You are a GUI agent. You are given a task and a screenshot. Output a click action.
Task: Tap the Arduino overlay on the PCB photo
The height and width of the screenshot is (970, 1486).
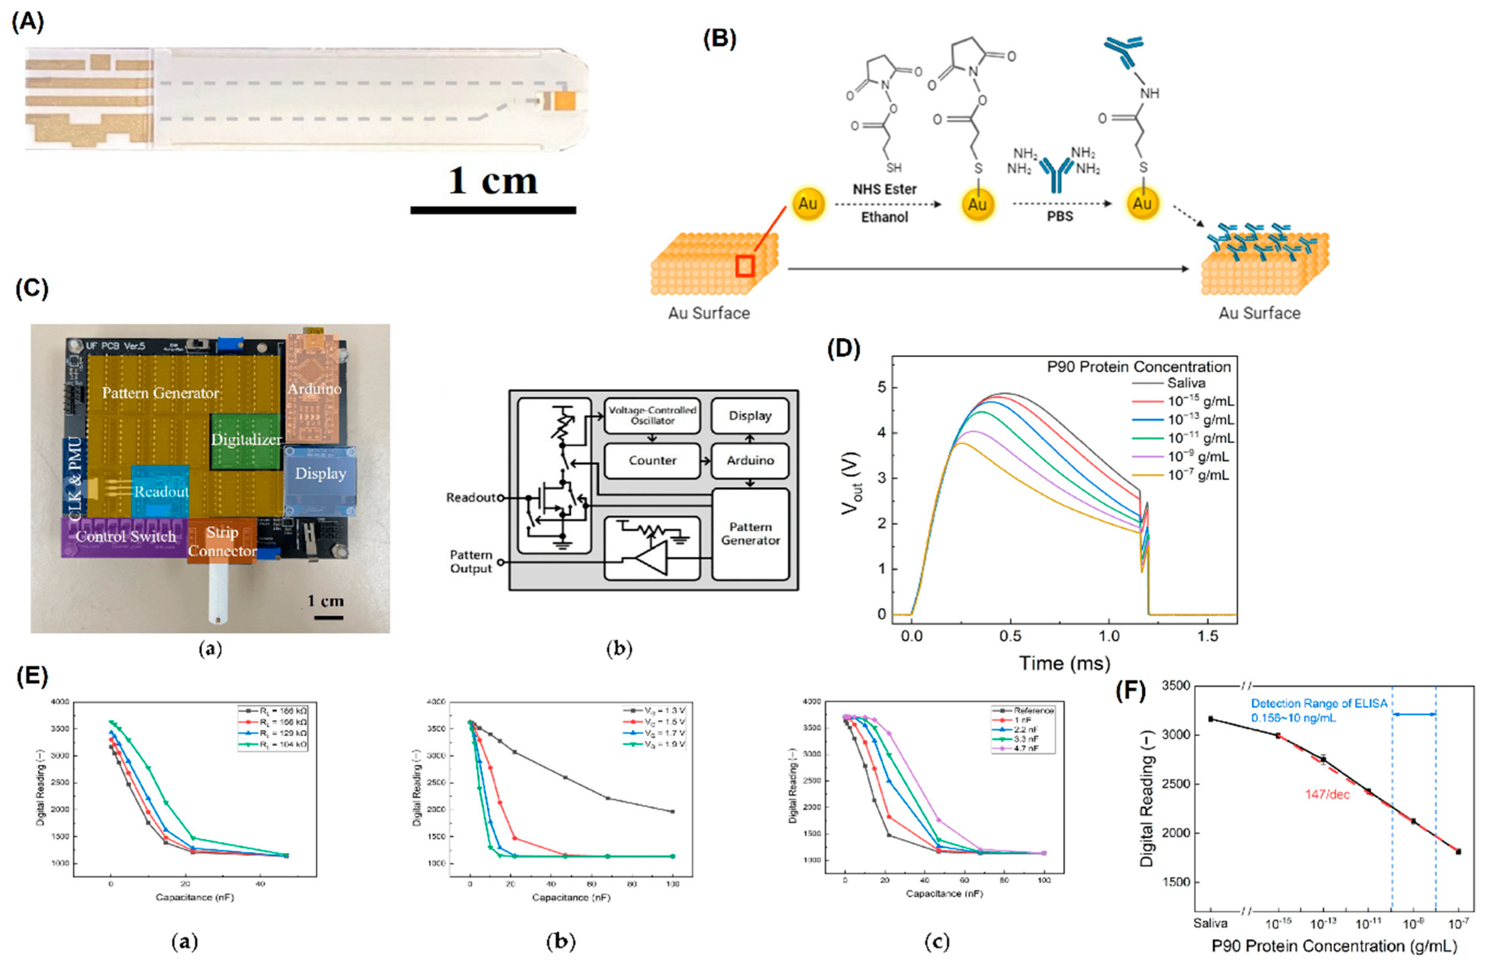click(314, 388)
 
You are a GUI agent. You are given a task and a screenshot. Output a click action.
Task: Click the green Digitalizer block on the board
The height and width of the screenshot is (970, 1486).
click(245, 440)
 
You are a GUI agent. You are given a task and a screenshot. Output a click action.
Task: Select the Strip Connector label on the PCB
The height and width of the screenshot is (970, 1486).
click(222, 541)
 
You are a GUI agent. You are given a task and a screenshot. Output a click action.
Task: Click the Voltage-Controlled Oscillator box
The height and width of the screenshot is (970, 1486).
click(652, 416)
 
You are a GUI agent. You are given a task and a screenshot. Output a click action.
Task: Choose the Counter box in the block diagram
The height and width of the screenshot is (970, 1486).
click(652, 461)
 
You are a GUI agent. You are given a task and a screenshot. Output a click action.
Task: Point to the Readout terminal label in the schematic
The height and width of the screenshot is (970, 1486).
click(471, 497)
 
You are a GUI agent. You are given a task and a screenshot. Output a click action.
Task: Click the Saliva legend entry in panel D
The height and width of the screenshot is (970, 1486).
click(1186, 383)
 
